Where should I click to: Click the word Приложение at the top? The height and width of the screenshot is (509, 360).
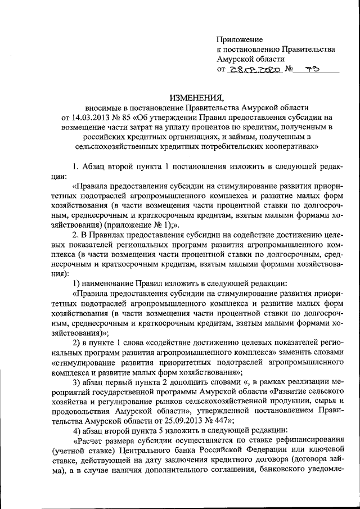click(240, 39)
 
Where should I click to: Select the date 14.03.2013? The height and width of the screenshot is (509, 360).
click(88, 117)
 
